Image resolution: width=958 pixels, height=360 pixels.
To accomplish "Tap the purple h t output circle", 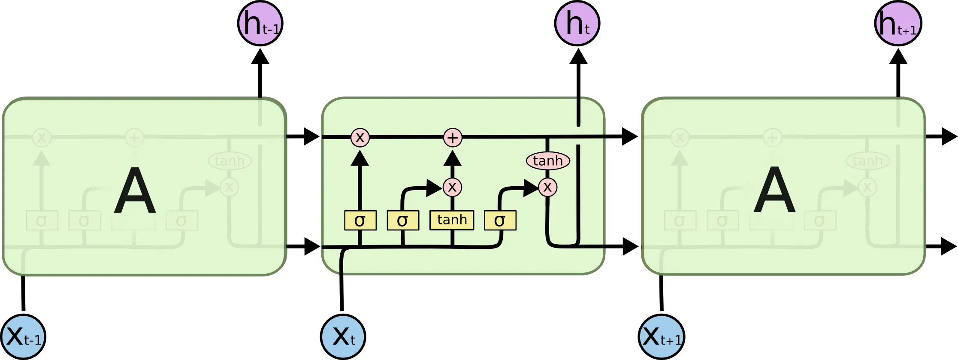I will [x=577, y=23].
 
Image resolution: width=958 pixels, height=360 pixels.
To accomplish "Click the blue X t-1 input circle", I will [x=24, y=337].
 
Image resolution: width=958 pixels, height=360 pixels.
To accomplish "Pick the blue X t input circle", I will [x=343, y=337].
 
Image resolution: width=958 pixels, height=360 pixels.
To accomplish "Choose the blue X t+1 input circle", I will [x=661, y=337].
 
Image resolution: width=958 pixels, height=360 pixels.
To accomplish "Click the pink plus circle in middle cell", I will [x=453, y=138].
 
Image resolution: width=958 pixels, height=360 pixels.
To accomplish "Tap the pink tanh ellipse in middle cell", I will [x=548, y=161].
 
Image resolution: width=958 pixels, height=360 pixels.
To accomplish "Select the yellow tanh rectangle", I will [x=452, y=220].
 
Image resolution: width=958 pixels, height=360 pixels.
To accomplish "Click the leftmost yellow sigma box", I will [x=360, y=221].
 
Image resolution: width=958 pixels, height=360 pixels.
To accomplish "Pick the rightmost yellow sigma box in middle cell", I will [x=500, y=221].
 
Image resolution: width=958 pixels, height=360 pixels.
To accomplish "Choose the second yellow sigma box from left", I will [x=403, y=221].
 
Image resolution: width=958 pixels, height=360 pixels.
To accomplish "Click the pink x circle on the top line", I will [x=360, y=138].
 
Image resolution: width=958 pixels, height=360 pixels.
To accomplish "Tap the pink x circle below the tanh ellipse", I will [x=547, y=187].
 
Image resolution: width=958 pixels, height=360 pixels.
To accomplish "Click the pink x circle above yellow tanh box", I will [x=452, y=187].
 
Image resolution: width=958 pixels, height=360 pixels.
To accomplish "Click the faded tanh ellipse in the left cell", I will [x=230, y=161].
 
